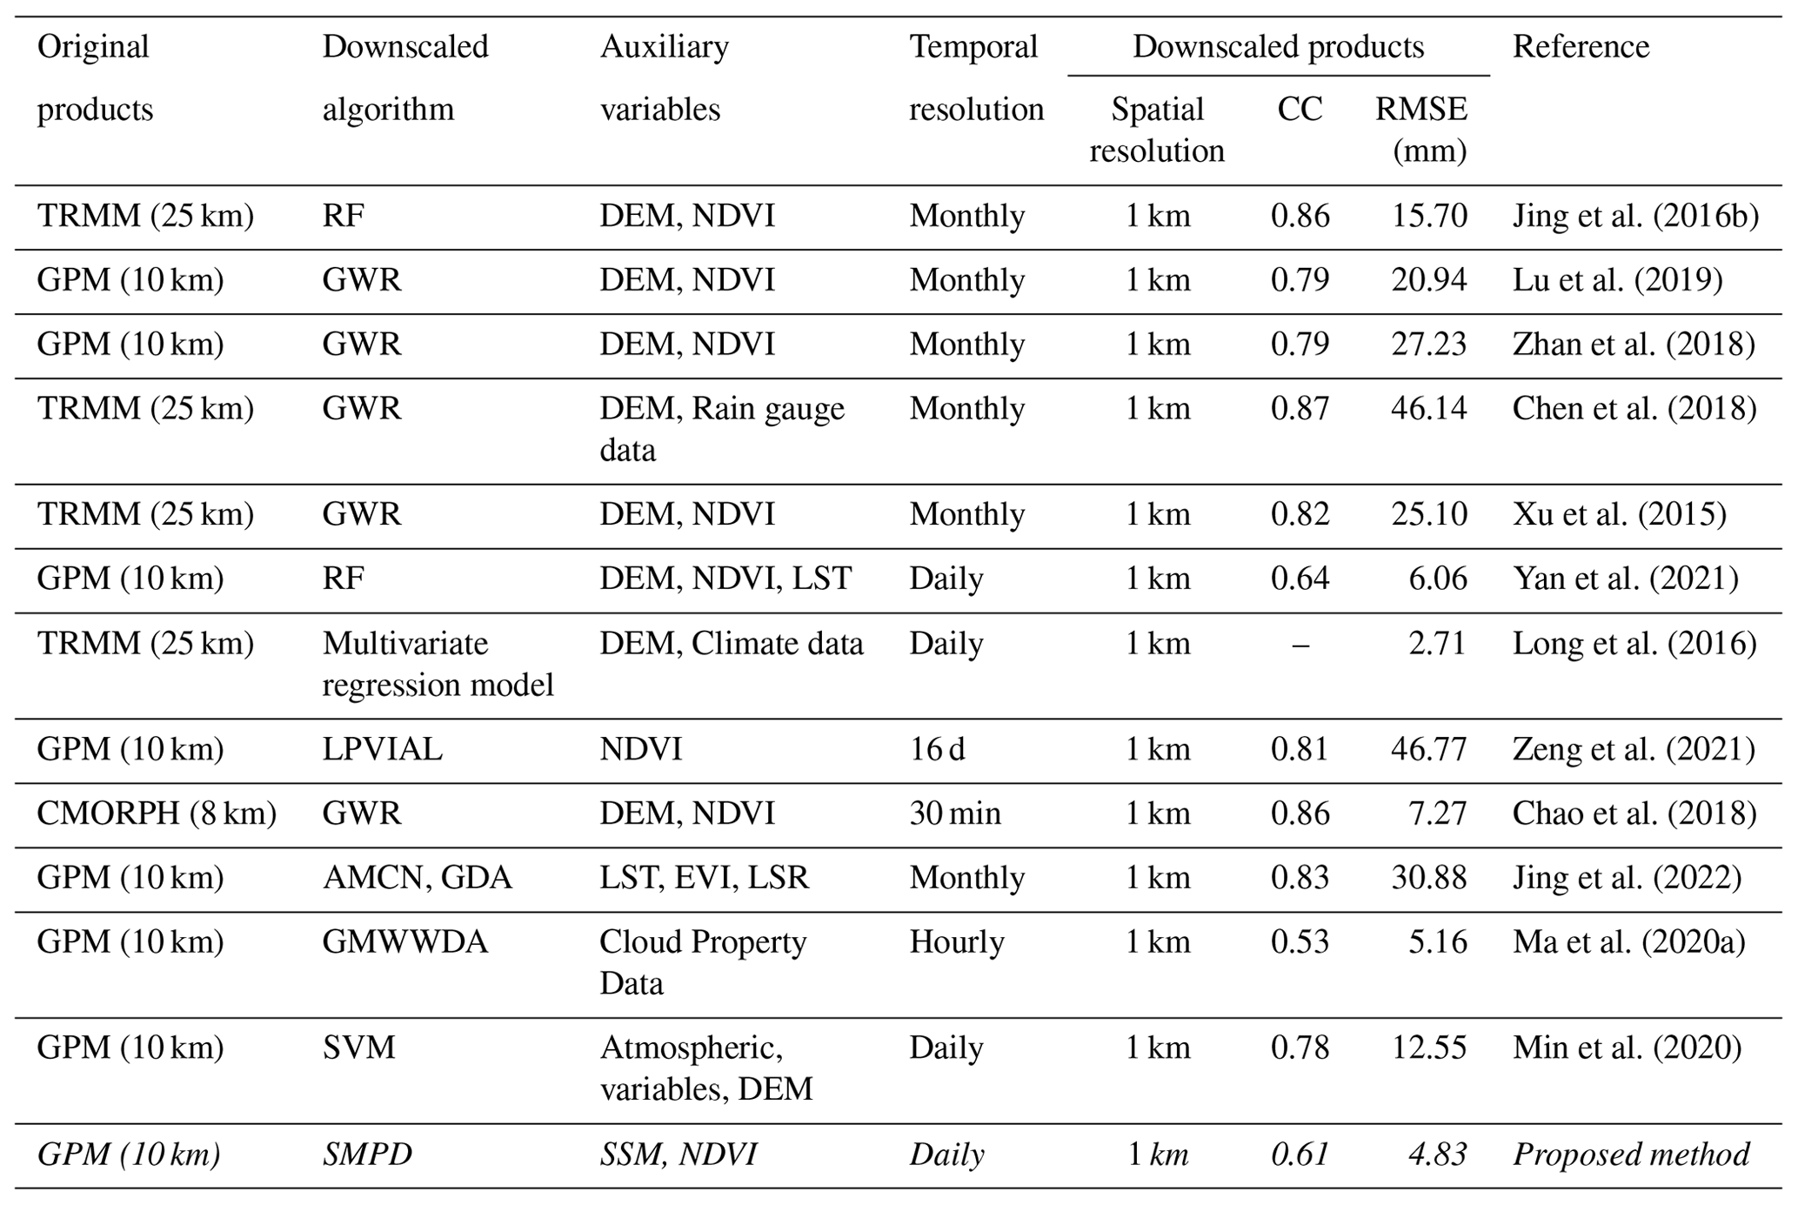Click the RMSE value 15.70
coord(1428,216)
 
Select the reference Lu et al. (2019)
coord(1617,280)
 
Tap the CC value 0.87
coord(1300,408)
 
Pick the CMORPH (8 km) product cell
coord(157,813)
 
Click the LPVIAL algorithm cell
coord(382,749)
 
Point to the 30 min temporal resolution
coord(955,813)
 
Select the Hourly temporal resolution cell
coord(957,942)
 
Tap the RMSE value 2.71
coord(1437,644)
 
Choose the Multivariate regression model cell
coord(438,665)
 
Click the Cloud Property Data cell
coord(703,962)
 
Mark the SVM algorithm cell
coord(358,1048)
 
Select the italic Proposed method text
coord(1631,1155)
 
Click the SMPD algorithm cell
coord(367,1155)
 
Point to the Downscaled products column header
coord(1278,47)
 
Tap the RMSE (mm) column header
coord(1420,130)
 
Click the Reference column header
coord(1581,47)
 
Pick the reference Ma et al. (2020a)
coord(1628,942)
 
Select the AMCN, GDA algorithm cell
coord(418,878)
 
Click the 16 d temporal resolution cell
coord(937,749)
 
